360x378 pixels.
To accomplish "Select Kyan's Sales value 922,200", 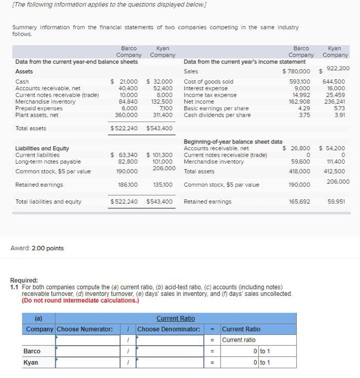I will (337, 69).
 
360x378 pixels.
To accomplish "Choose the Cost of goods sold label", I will (209, 82).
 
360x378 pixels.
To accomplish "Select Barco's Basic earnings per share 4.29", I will (305, 108).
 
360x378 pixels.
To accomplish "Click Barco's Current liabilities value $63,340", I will (124, 155).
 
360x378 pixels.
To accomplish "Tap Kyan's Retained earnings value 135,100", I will (163, 185).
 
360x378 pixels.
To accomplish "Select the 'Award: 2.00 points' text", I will (37, 248).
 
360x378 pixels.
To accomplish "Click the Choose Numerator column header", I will (85, 329).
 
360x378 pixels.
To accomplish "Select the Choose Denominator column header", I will (169, 329).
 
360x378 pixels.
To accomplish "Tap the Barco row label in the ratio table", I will (32, 352).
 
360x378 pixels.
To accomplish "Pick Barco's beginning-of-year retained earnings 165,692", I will (299, 202).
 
